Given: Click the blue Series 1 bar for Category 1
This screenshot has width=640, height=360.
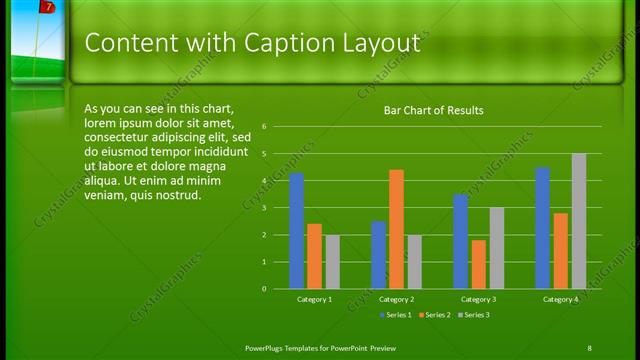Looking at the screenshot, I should [296, 231].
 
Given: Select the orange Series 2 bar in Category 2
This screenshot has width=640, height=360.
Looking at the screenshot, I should [396, 229].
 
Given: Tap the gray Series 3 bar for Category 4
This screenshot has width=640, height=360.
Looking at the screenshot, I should [578, 221].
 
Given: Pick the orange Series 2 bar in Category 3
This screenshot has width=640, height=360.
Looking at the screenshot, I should [478, 264].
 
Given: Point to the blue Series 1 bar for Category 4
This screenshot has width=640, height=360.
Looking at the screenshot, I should [542, 228].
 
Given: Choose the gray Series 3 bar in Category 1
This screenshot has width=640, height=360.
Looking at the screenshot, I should [332, 262].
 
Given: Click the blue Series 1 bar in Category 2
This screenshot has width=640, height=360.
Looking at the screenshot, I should [378, 255].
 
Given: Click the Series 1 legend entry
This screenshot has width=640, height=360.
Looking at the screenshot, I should [396, 315].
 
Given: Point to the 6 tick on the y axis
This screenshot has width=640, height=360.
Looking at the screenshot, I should [264, 127].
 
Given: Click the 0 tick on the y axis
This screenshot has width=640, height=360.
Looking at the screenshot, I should [264, 288].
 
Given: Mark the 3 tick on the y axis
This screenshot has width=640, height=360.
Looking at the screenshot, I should [264, 208].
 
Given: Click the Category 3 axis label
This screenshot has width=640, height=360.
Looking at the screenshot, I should [478, 299].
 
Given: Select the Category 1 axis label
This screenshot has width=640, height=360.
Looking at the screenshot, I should [314, 299].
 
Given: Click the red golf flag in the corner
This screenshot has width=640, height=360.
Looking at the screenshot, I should [46, 7].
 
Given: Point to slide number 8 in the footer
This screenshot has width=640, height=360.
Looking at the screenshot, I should [589, 347].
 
